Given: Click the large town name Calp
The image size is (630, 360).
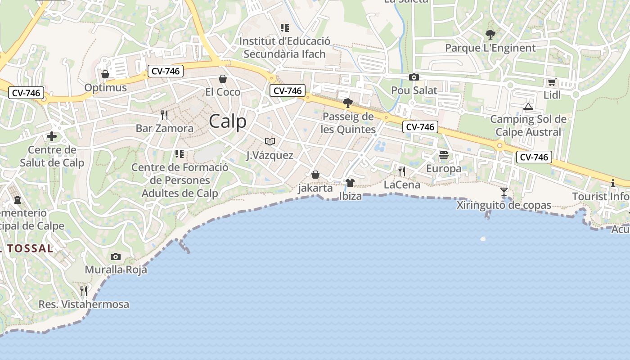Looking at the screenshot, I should pos(228,121).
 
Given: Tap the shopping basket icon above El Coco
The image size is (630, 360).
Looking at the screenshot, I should pos(222,79).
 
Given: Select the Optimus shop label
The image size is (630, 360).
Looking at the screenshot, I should pos(106,87).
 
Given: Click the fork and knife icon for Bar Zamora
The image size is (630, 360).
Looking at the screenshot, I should pos(164,115).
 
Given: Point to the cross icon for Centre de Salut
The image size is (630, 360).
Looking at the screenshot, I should pos(52,136).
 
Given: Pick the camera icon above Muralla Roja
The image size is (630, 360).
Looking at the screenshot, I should pos(116,256).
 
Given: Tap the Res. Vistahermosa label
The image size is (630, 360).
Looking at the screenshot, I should pos(84,304).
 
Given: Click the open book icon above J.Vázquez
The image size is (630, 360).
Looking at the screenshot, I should pos(270,142).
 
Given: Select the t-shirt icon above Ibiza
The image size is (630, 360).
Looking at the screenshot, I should pos(350,183).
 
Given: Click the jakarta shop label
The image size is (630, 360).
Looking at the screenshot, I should pos(315,188).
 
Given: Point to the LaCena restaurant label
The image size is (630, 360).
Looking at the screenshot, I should pos(402,184).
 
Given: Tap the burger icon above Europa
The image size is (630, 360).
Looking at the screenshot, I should pos(444,156).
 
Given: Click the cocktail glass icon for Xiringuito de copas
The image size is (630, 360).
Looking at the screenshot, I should pos(504,192).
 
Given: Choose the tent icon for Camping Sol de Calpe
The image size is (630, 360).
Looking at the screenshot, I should pos(528,106).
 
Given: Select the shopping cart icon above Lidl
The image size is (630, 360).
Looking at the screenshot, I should pos(552,82).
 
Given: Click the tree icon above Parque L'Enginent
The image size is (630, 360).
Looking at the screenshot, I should pos(490,34).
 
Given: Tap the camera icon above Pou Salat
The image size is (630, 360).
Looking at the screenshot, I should pos(414,77).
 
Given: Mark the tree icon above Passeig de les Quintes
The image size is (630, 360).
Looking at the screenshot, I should pos(347,103).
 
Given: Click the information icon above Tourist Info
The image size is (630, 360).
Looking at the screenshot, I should pos(612,183).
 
